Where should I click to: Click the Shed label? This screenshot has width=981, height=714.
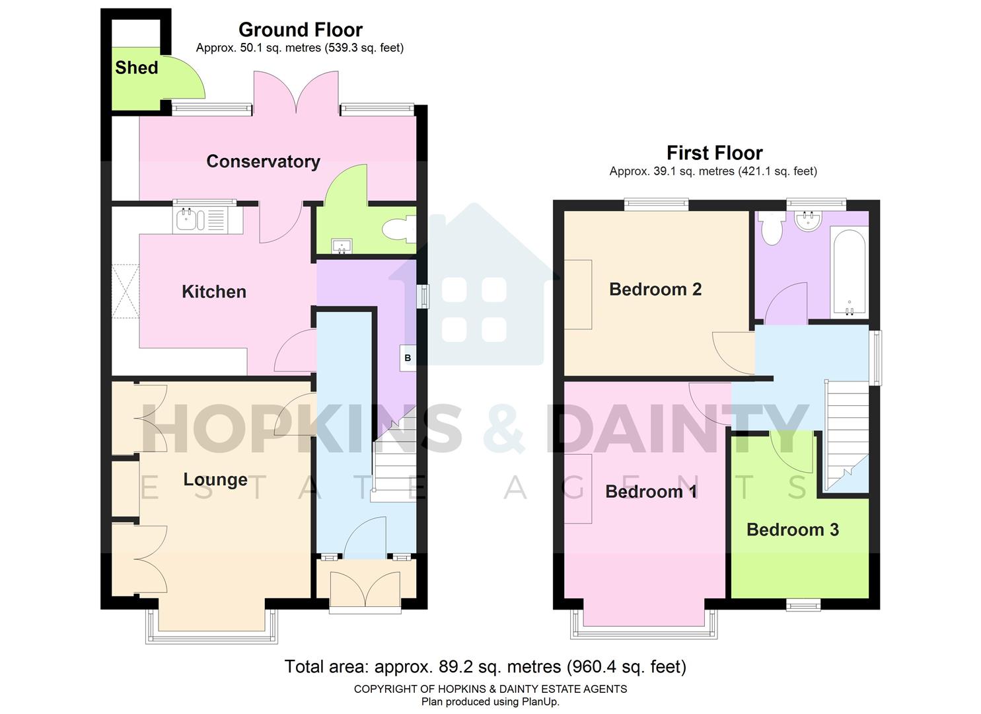137,67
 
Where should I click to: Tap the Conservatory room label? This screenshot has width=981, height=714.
263,161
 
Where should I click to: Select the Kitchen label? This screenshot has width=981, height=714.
213,292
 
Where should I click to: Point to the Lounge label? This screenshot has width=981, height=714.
215,479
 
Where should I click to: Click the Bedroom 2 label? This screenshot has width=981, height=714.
655,289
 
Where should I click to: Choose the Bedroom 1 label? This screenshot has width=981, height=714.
651,491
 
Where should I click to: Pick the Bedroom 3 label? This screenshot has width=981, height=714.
792,530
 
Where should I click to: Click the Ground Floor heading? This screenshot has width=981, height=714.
300,30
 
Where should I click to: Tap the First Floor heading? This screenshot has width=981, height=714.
714,153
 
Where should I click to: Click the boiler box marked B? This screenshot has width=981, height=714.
408,358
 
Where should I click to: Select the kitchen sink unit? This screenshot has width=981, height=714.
207,219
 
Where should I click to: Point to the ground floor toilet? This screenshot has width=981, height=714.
399,230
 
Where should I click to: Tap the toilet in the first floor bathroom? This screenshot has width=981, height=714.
771,228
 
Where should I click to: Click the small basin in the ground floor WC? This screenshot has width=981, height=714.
342,247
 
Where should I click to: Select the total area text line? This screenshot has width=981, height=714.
485,666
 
